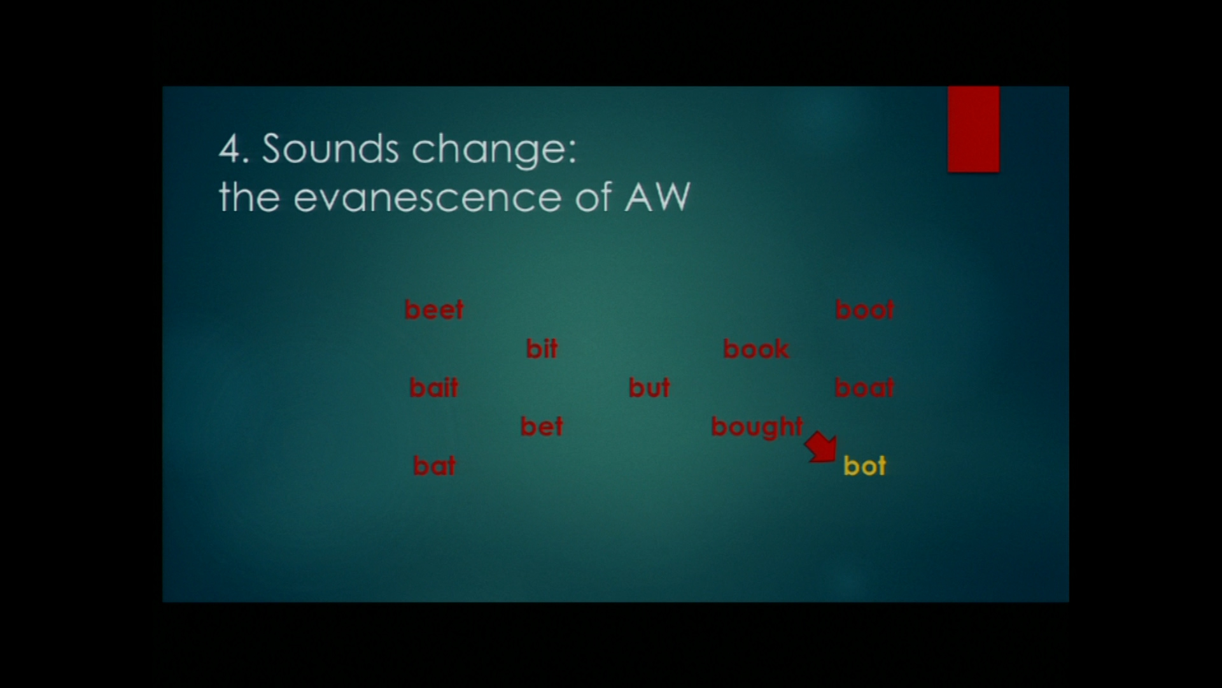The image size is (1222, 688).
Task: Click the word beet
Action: pyautogui.click(x=434, y=310)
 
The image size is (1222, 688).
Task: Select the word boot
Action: pyautogui.click(x=864, y=310)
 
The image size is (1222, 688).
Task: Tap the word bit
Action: pyautogui.click(x=542, y=348)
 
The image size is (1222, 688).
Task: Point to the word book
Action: pyautogui.click(x=756, y=348)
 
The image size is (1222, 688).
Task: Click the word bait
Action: pyautogui.click(x=433, y=387)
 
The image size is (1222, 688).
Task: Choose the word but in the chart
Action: pyautogui.click(x=649, y=387)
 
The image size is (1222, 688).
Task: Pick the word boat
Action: pyautogui.click(x=864, y=387)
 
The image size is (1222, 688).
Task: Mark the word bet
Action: pyautogui.click(x=542, y=426)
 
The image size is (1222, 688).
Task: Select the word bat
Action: pyautogui.click(x=434, y=466)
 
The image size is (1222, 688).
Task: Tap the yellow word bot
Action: pyautogui.click(x=864, y=466)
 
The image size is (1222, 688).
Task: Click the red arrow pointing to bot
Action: pyautogui.click(x=822, y=447)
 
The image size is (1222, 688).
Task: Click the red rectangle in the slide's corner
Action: pyautogui.click(x=973, y=129)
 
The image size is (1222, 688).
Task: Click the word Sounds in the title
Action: pyautogui.click(x=330, y=148)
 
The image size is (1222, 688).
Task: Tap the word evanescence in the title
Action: pyautogui.click(x=427, y=197)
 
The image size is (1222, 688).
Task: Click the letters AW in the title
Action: pyautogui.click(x=657, y=196)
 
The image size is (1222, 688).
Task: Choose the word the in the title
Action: pyautogui.click(x=249, y=196)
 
